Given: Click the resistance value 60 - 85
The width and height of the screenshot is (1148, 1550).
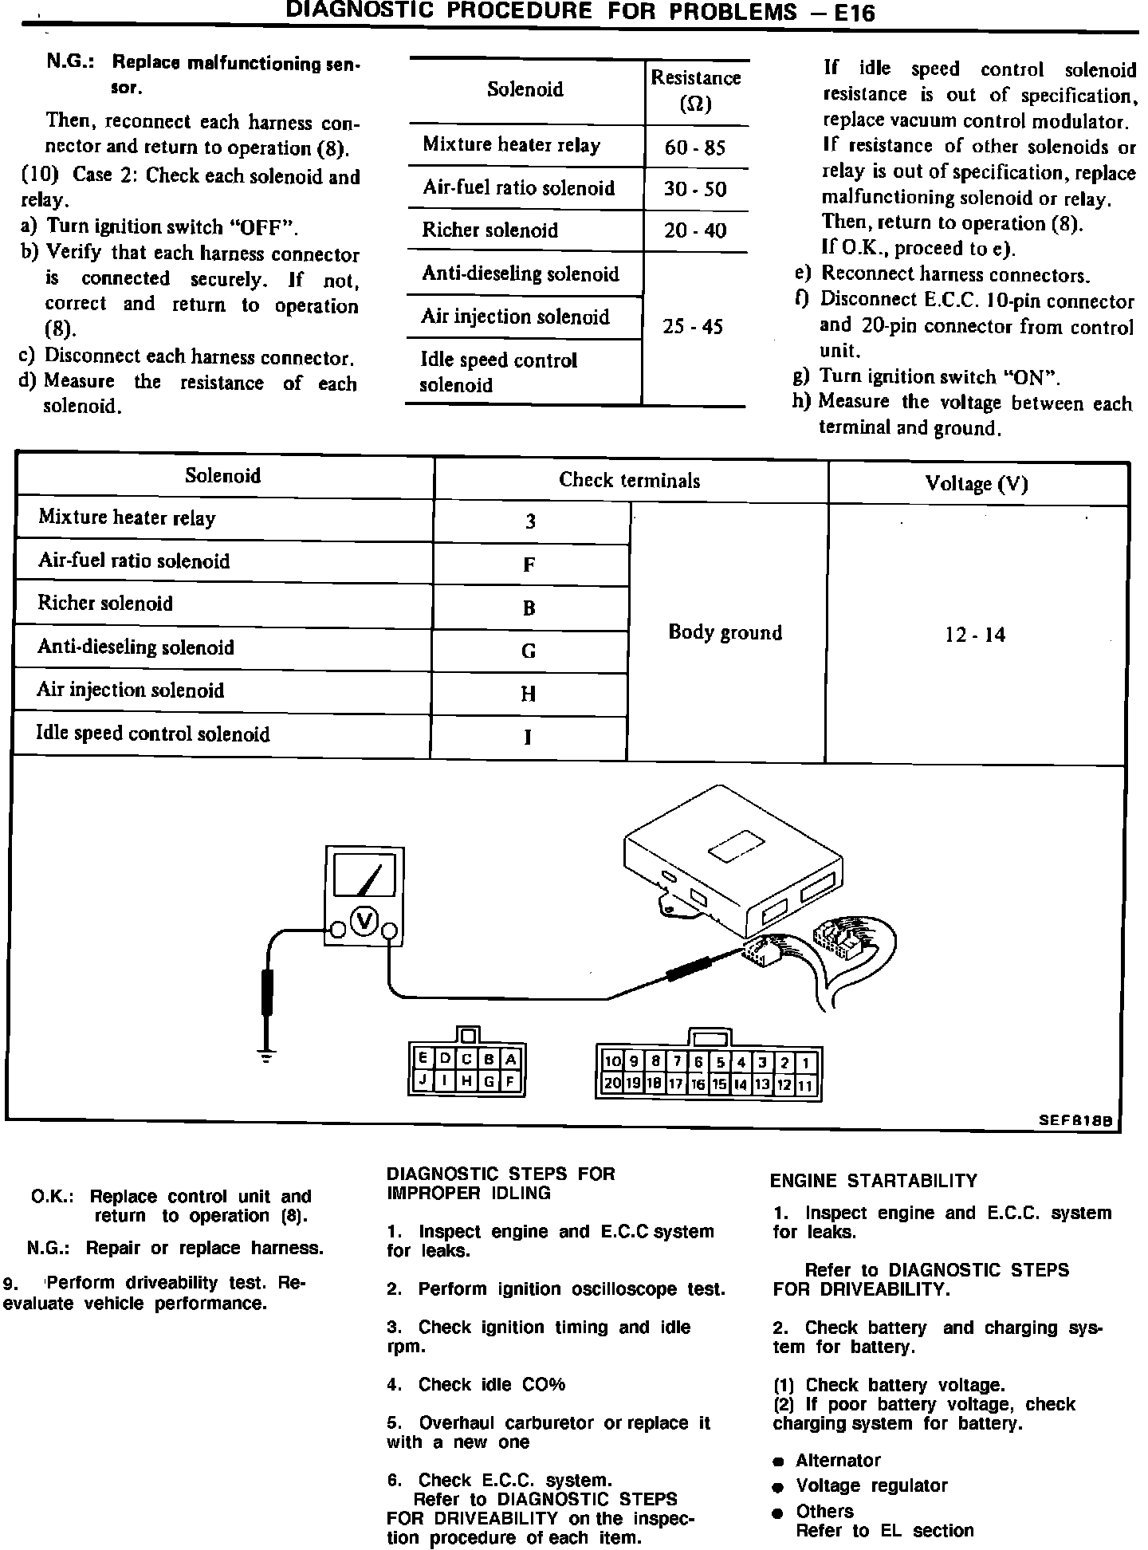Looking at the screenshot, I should pyautogui.click(x=695, y=148).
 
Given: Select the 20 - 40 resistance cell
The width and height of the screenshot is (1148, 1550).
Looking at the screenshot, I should pyautogui.click(x=695, y=231).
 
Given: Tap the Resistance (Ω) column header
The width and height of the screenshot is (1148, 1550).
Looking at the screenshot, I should pyautogui.click(x=696, y=90).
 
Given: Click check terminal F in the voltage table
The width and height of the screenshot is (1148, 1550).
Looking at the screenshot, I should pyautogui.click(x=529, y=565).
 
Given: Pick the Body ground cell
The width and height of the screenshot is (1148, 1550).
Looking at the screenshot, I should pyautogui.click(x=725, y=632).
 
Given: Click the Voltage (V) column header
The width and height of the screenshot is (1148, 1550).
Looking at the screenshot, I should pyautogui.click(x=977, y=483).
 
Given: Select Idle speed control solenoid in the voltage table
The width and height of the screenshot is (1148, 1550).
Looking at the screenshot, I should pyautogui.click(x=153, y=734).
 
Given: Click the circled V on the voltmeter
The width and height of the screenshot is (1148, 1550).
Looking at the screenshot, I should pyautogui.click(x=365, y=922).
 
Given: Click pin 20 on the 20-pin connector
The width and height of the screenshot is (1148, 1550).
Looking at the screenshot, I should pyautogui.click(x=612, y=1084).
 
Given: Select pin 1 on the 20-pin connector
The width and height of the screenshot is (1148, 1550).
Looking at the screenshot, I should pyautogui.click(x=807, y=1063).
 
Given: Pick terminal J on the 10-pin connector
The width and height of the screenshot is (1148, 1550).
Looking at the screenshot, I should pyautogui.click(x=423, y=1082).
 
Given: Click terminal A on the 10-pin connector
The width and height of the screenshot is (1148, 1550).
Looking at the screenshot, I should pyautogui.click(x=511, y=1060).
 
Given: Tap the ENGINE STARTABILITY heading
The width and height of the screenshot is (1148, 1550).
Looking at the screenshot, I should pyautogui.click(x=873, y=1181).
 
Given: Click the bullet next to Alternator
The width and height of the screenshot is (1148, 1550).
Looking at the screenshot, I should pyautogui.click(x=778, y=1461).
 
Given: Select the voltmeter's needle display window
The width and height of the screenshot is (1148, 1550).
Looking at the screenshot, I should pyautogui.click(x=364, y=875).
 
